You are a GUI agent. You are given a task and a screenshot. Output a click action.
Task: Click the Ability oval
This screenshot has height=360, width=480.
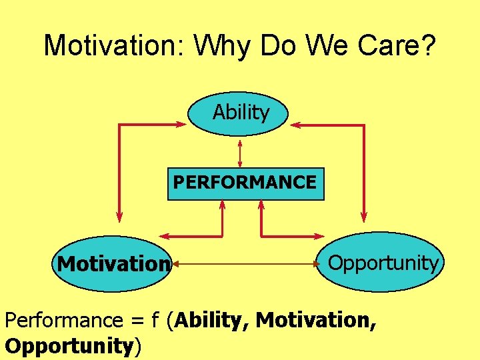click(239, 113)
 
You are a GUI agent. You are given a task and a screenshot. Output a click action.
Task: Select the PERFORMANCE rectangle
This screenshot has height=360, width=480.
click(245, 183)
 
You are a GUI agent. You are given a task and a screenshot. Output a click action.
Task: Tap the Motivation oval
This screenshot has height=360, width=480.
click(112, 264)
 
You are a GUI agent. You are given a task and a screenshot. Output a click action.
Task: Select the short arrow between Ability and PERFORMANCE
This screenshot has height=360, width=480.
click(239, 151)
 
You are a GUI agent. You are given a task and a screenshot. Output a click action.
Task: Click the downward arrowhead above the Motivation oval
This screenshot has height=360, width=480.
click(119, 216)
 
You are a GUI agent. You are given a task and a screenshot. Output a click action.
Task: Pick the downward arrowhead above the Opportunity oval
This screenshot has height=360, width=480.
click(364, 216)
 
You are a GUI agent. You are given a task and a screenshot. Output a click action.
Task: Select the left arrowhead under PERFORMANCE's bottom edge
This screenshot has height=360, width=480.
click(222, 205)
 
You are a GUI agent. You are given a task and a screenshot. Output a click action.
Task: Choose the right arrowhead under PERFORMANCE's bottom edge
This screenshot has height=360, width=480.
click(261, 205)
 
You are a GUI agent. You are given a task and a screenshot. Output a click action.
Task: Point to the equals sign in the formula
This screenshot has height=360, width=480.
click(133, 321)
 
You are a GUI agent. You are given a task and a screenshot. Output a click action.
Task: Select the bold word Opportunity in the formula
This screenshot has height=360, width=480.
click(69, 346)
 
